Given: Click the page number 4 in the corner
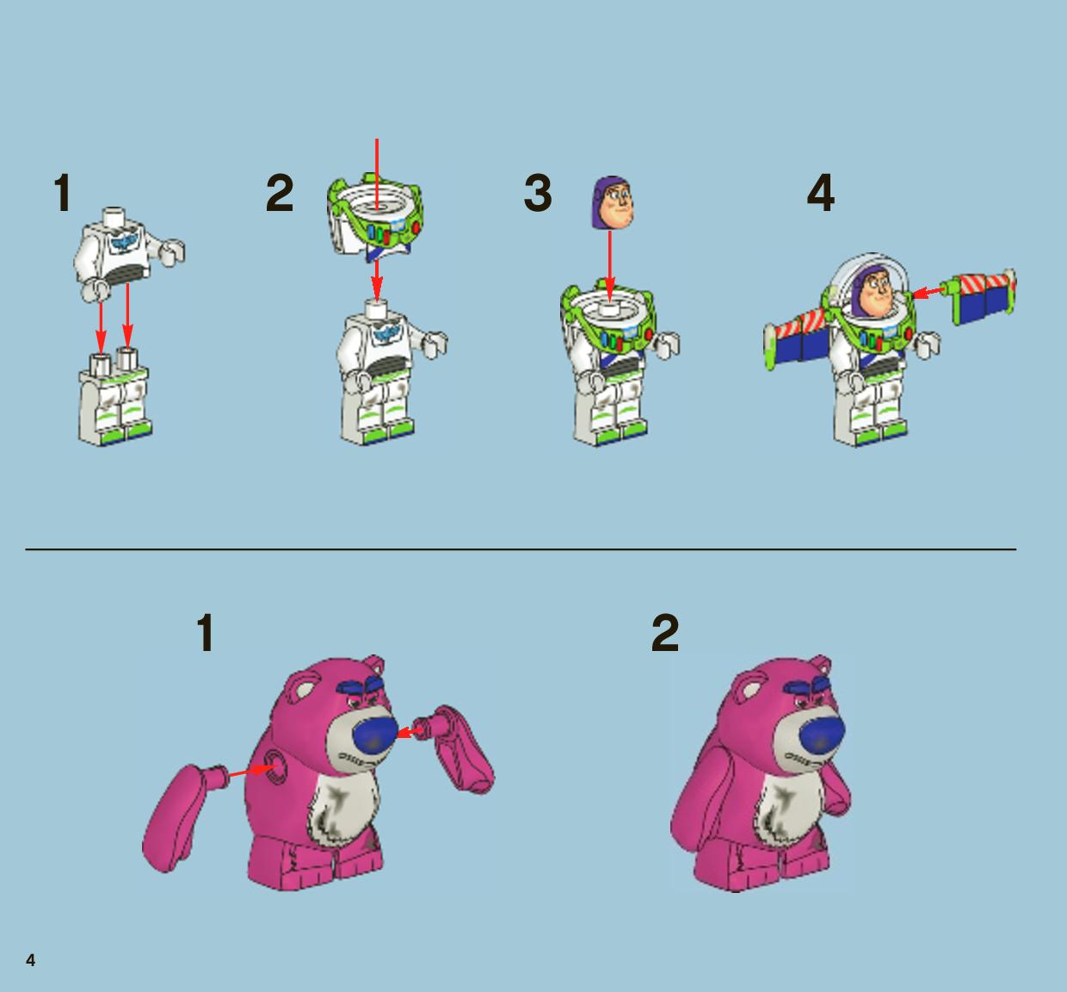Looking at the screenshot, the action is [x=31, y=960].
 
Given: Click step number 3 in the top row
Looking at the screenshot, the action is [x=538, y=193].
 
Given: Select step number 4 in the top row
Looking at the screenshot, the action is [x=820, y=192].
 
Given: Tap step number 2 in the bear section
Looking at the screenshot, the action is [x=665, y=633].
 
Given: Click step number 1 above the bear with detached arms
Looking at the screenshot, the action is [x=206, y=633].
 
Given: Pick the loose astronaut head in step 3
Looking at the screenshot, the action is [x=613, y=202].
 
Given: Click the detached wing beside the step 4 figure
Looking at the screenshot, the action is [x=983, y=297].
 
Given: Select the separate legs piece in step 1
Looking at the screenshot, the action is [x=114, y=398].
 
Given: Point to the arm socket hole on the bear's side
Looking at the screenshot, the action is [x=275, y=766].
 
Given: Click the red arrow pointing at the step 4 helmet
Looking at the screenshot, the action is [x=929, y=292].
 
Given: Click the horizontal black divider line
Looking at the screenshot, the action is [x=521, y=549].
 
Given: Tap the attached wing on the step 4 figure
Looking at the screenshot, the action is [x=797, y=341].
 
